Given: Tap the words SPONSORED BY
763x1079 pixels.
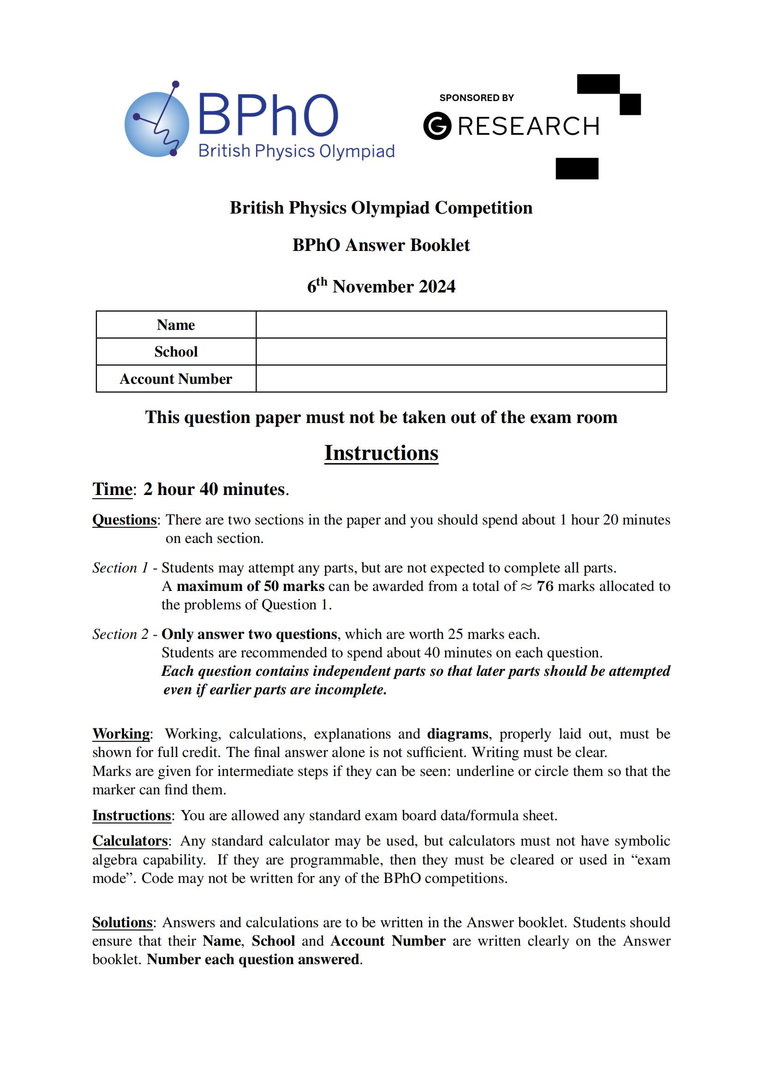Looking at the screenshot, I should pos(477,98).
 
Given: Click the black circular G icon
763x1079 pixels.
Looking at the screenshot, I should pos(437,126).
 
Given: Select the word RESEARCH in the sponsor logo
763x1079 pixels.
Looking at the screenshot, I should pos(529,126).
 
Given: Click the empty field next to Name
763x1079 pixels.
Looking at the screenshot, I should pos(460,325).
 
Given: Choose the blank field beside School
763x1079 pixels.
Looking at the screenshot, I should pos(460,352).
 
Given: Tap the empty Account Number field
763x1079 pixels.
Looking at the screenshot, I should pos(460,379).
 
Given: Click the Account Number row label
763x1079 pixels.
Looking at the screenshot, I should pos(176,379).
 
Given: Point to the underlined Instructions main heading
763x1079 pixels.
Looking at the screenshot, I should pos(381,453).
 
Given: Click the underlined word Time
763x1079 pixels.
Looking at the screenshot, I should pos(112,489).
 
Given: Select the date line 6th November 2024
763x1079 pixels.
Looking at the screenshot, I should pos(381,286).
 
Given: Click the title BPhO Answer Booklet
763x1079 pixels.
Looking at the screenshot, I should pos(381,245).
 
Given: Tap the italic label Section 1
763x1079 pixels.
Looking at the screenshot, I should pos(120,568).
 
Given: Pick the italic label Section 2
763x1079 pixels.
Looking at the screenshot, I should pos(120,634).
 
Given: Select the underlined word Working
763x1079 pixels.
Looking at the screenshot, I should pos(121,733).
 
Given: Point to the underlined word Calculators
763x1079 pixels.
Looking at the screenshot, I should pos(130,841).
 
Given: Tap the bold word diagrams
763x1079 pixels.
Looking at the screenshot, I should pos(458,733).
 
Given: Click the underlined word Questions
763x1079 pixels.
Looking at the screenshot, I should pos(124,520).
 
